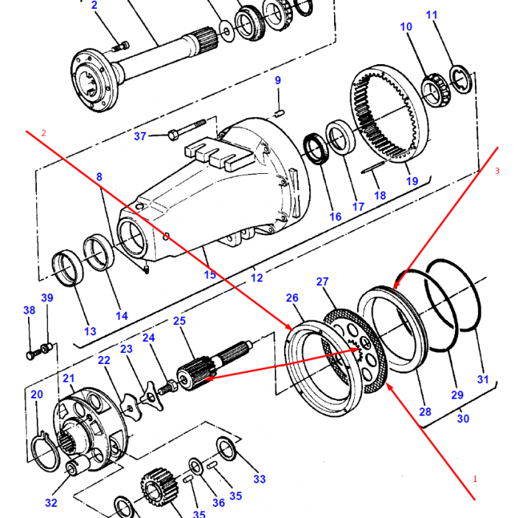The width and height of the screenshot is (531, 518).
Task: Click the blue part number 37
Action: [x=140, y=136]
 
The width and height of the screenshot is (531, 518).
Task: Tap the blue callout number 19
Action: [x=412, y=181]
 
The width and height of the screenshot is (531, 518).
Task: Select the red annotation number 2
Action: [x=44, y=133]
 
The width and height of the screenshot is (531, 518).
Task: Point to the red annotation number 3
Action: [x=497, y=171]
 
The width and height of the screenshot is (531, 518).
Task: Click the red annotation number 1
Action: [x=475, y=479]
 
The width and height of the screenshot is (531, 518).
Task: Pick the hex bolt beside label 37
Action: [x=187, y=129]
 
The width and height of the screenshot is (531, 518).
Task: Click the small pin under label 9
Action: [x=279, y=113]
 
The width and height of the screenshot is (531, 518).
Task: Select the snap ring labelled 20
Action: [x=46, y=452]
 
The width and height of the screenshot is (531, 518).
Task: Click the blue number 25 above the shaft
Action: [x=179, y=321]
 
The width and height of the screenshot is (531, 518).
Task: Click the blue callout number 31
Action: [x=483, y=379]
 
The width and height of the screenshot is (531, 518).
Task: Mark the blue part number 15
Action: [x=210, y=274]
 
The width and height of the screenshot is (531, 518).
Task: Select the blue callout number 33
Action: [x=260, y=479]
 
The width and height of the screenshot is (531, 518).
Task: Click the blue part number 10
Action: [x=406, y=27]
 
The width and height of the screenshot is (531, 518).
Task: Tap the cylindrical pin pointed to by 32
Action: [x=77, y=464]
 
